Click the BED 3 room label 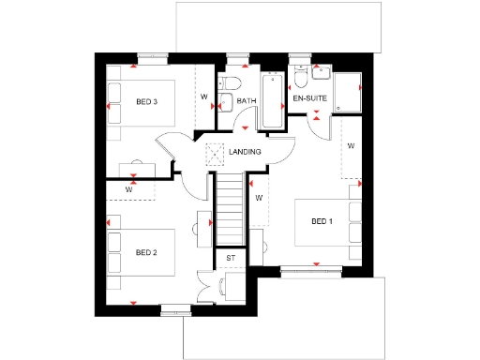click(146, 101)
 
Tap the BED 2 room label click(146, 252)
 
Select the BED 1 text click(322, 221)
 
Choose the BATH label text click(247, 101)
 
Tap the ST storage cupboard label click(230, 257)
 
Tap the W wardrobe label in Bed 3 click(203, 96)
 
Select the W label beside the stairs click(258, 198)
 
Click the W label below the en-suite click(351, 146)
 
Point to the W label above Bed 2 click(128, 187)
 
